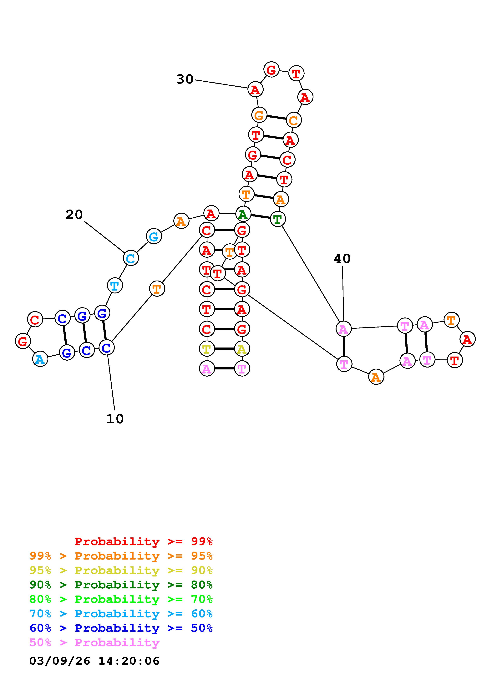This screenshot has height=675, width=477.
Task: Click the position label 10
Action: [115, 419]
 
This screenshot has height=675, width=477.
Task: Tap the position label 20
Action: [74, 215]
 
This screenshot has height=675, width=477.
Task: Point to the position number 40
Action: [342, 259]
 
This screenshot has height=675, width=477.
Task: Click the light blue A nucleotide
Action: [40, 359]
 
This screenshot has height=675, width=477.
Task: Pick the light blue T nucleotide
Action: [115, 286]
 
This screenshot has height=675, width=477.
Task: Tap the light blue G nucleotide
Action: [154, 236]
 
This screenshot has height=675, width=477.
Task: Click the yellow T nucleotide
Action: [207, 349]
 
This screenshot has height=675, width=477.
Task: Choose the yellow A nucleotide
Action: [242, 349]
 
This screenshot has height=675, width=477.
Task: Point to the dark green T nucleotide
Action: [277, 219]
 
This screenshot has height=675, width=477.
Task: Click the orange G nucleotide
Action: [259, 115]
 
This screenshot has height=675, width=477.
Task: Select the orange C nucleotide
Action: [294, 120]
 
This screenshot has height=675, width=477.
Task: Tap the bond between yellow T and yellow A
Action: [224, 349]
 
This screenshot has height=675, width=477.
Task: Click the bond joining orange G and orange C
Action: [276, 117]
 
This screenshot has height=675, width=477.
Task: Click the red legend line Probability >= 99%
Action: [144, 541]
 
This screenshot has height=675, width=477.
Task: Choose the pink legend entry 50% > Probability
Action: [95, 643]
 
